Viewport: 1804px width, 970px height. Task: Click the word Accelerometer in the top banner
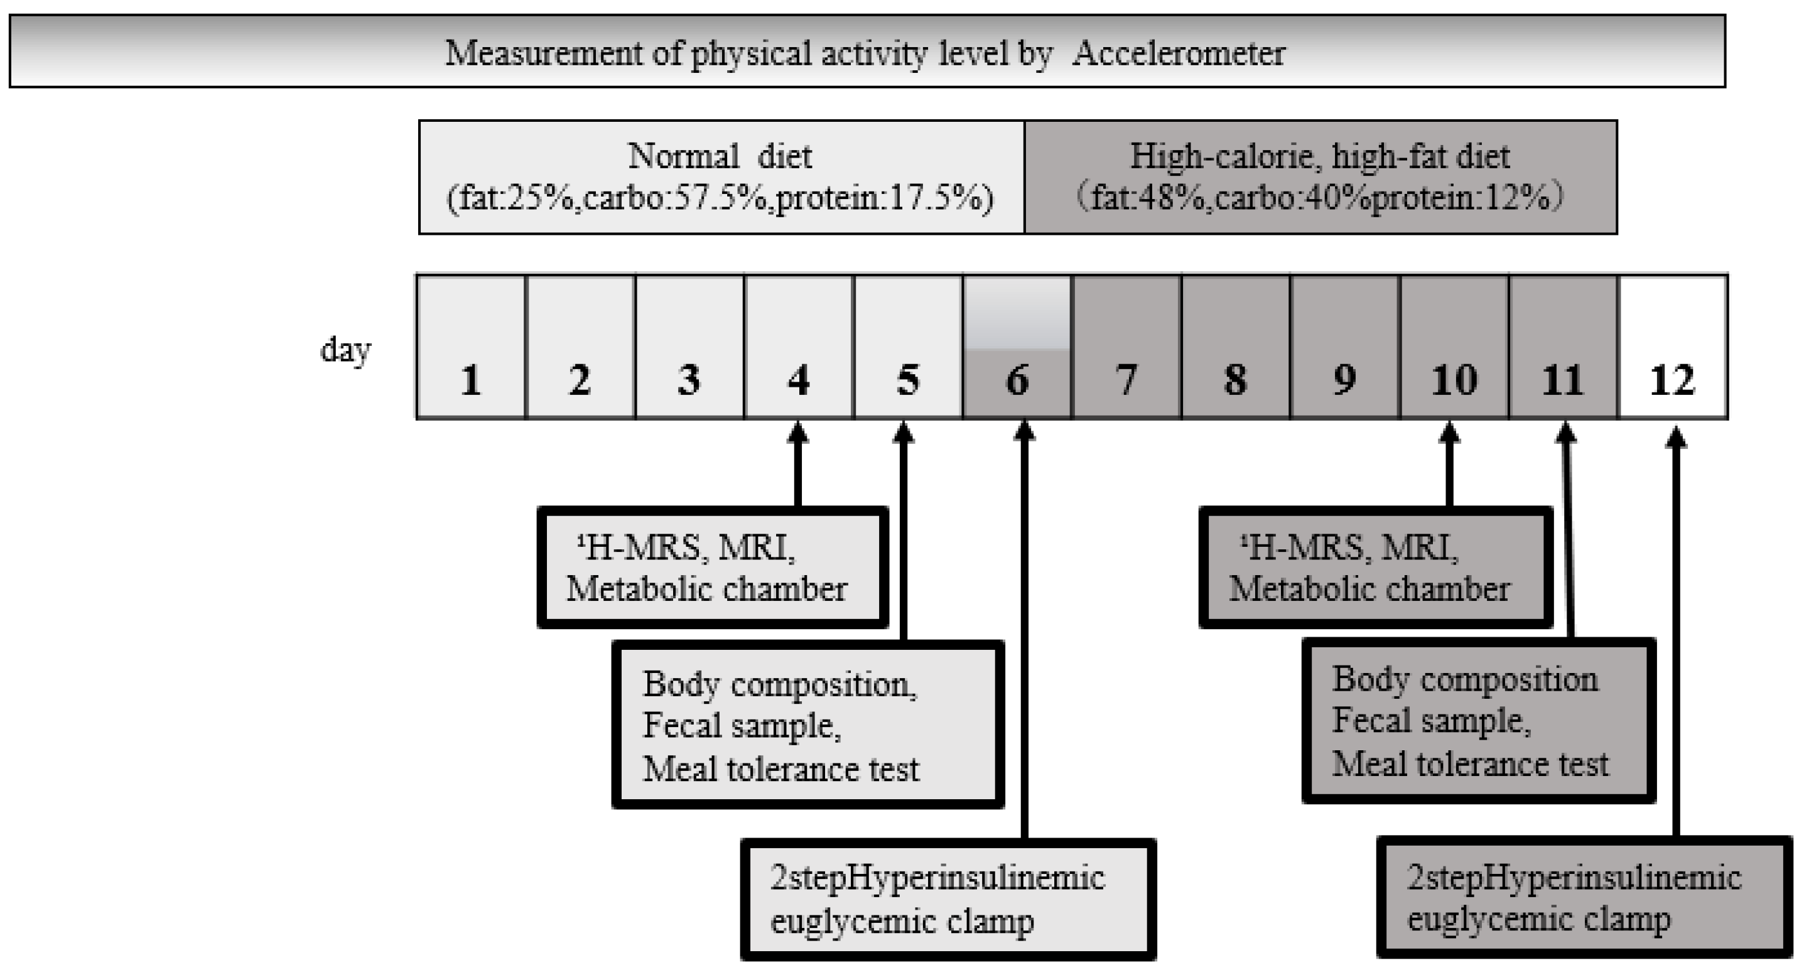[x=1178, y=54]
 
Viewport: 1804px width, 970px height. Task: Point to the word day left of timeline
[x=345, y=350]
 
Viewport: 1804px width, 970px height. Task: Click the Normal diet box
[x=721, y=176]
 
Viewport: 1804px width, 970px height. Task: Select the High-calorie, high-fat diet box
[x=1320, y=176]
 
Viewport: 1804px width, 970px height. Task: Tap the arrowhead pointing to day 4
[x=797, y=433]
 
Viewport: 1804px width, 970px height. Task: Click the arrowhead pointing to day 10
[x=1449, y=433]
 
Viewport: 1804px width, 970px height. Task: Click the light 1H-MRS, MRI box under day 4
[x=712, y=568]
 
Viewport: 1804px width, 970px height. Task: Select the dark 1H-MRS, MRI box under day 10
[x=1375, y=568]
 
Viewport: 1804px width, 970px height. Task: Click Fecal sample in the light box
[x=741, y=726]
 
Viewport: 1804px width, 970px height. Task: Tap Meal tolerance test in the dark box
[x=1470, y=764]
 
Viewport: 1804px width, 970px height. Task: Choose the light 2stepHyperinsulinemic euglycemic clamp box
[x=948, y=899]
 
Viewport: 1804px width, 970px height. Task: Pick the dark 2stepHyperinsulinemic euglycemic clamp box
[x=1584, y=898]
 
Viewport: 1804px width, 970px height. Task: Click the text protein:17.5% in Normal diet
[x=885, y=199]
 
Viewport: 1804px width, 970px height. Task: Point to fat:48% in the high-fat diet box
[x=1149, y=199]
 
